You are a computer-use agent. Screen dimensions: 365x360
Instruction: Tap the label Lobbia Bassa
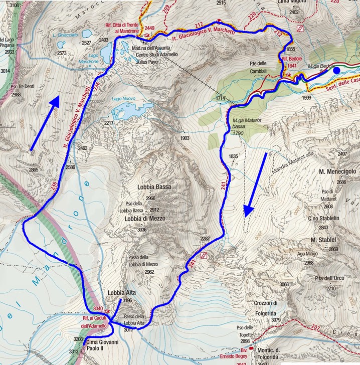(x=154, y=187)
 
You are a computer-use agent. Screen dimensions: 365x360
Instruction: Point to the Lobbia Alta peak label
(x=123, y=293)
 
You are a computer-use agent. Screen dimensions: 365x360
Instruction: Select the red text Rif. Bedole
(x=292, y=59)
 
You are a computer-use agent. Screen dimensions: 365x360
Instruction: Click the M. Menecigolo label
(x=337, y=171)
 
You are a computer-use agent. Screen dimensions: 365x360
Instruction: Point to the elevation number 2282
(x=205, y=239)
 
